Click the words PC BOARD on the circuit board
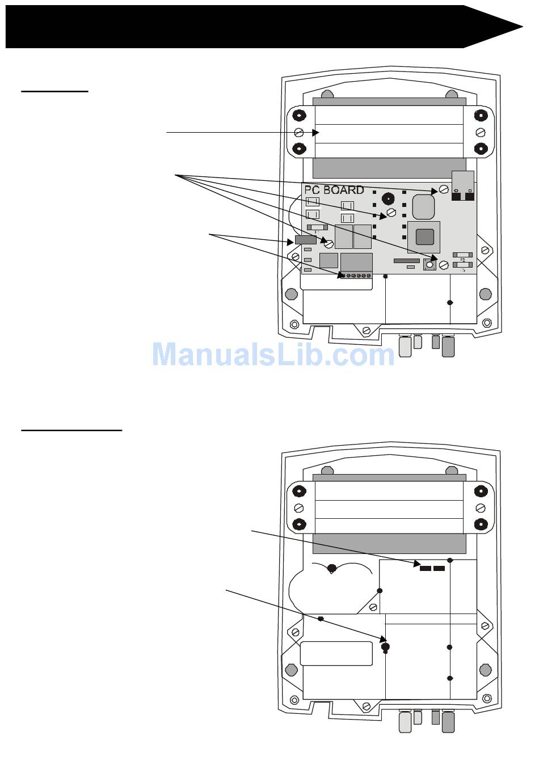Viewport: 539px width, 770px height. (x=334, y=190)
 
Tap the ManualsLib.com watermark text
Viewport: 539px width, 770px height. (x=273, y=354)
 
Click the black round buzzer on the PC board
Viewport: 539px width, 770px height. (x=388, y=199)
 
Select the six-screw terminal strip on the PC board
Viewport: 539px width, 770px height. (x=355, y=276)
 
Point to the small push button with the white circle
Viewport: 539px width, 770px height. (x=429, y=264)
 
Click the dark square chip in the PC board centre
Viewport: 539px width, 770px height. (x=424, y=236)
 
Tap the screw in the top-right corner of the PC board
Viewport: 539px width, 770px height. (x=444, y=191)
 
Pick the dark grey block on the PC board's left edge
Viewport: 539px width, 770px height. (x=305, y=240)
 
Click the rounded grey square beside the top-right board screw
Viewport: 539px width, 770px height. (x=423, y=206)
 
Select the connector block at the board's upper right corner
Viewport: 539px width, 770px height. (x=463, y=186)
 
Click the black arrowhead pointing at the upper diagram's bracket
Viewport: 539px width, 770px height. (x=317, y=133)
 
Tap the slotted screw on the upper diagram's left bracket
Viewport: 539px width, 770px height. (x=299, y=133)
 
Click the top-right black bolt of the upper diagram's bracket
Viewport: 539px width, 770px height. (x=481, y=116)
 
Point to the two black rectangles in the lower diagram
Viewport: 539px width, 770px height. (x=432, y=568)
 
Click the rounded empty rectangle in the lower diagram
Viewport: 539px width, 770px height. (x=336, y=654)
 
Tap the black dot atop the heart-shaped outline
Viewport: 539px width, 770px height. (x=332, y=568)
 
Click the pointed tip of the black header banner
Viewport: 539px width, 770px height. (x=521, y=27)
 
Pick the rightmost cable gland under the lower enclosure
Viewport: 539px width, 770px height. (x=448, y=722)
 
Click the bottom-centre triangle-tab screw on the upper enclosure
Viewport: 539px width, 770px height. (x=367, y=330)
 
